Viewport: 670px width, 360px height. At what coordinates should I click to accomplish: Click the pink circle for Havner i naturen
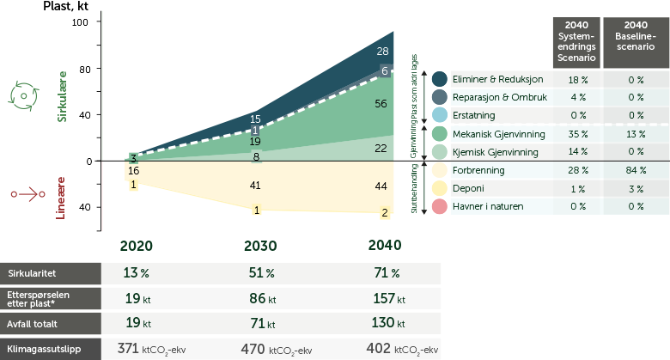click(439, 206)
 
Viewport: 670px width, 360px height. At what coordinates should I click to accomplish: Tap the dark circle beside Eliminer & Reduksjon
click(439, 79)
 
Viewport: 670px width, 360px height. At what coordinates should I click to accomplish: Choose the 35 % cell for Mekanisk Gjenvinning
click(577, 134)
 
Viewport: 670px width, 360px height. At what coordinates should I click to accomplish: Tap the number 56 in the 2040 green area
click(382, 104)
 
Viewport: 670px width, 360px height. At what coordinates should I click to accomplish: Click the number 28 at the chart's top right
click(382, 52)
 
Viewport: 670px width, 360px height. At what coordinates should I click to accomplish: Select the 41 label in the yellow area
click(255, 186)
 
